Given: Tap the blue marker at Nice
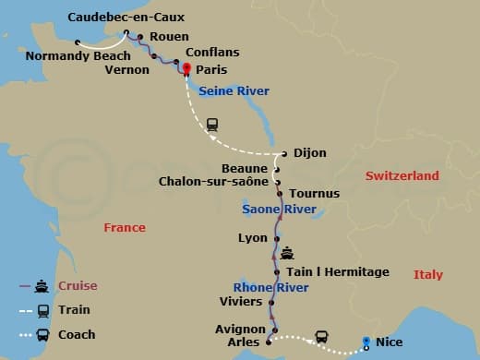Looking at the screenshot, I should coord(367,342).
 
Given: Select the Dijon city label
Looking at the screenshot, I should coord(309,153).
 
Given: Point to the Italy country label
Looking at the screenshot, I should coord(427,274).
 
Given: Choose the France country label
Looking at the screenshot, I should coord(125,227).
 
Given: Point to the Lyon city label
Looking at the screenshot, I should coord(252,237).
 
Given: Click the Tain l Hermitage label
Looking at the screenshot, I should coord(338,271).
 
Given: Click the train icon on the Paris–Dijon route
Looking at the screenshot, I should coord(212,124).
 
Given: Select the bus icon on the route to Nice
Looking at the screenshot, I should coord(321,337).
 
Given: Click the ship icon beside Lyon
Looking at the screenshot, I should coord(287,251).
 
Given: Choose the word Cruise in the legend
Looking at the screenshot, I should coord(78,285).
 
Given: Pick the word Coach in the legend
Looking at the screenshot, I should coord(78,334).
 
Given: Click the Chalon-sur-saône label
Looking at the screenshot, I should coord(214,181).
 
